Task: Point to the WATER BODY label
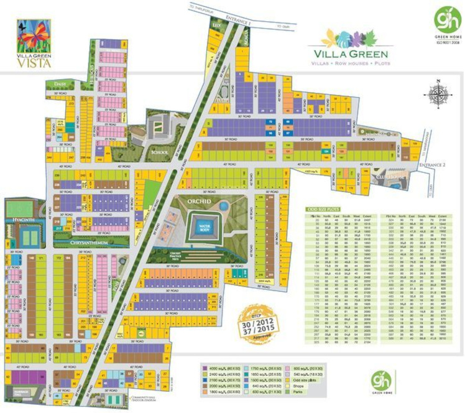tap(203, 227)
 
